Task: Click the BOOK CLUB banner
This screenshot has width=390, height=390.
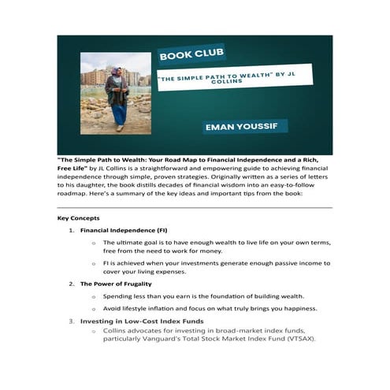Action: coord(191,55)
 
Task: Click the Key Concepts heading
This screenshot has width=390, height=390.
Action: coord(78,217)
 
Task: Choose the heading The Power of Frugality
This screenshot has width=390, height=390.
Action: coord(116,283)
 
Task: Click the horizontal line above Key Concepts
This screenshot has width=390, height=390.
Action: coord(195,207)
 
